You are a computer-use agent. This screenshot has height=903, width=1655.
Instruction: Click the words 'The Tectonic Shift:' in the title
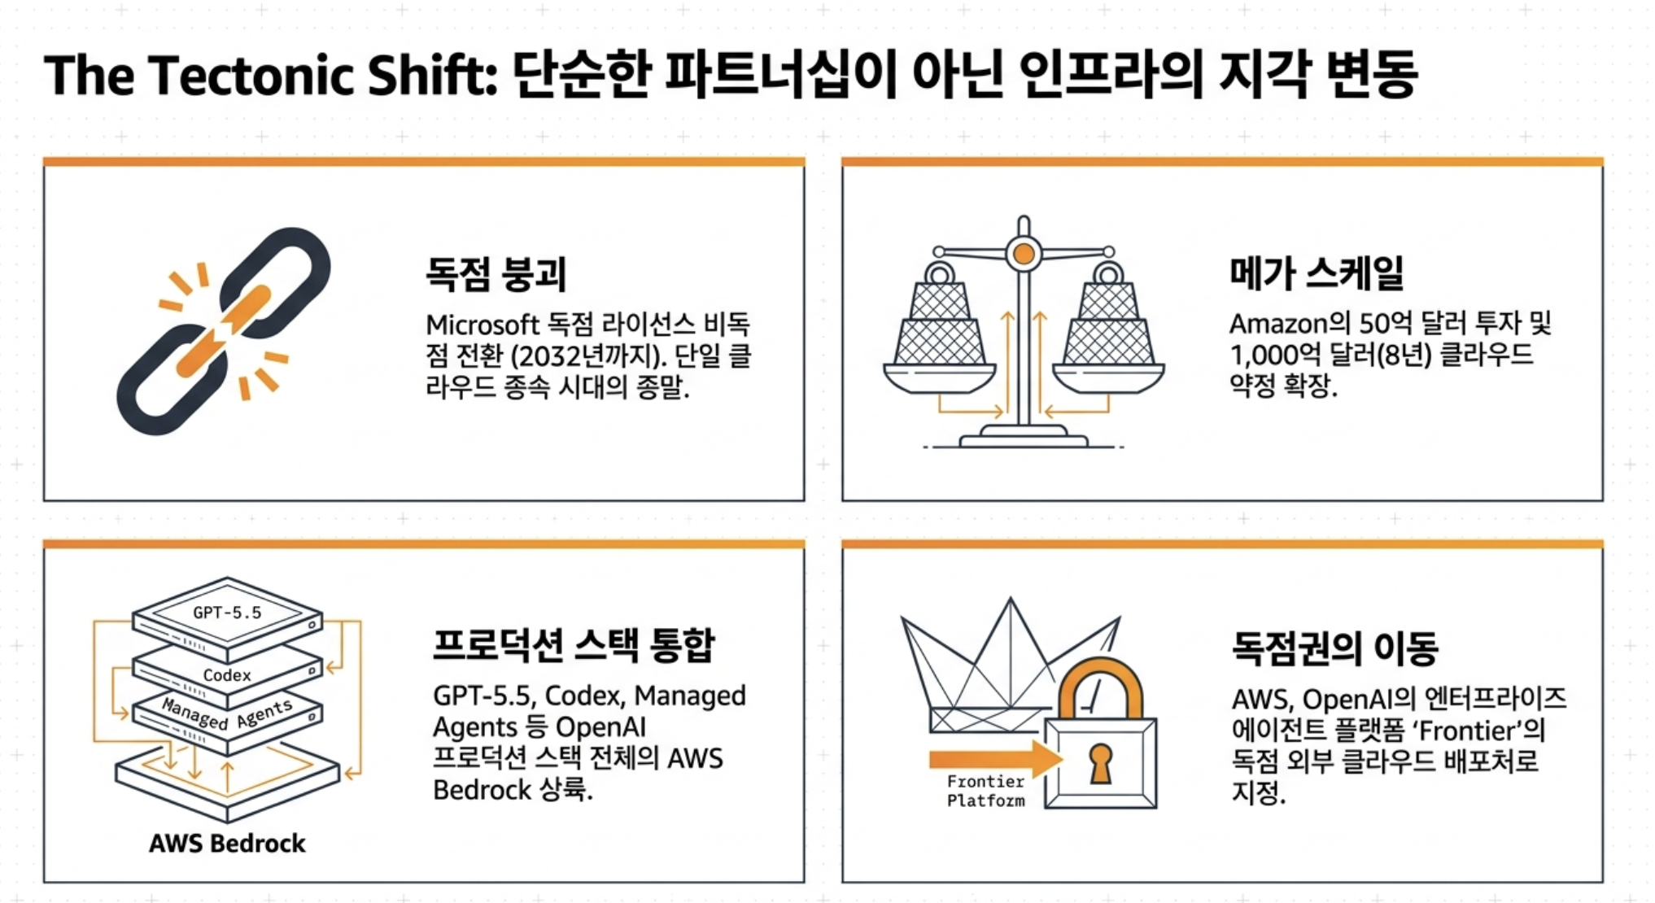[x=270, y=76]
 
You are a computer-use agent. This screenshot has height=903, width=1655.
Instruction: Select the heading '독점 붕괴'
[x=496, y=273]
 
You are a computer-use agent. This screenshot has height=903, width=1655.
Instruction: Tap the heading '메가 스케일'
[x=1317, y=272]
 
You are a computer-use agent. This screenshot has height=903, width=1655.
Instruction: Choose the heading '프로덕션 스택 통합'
[x=574, y=645]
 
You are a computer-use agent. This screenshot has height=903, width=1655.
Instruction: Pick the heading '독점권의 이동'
[x=1334, y=648]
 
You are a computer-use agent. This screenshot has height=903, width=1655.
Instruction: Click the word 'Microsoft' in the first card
[x=483, y=325]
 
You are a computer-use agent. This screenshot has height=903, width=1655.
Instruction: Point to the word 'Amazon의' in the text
[x=1289, y=323]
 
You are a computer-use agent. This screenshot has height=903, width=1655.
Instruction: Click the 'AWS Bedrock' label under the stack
[x=227, y=843]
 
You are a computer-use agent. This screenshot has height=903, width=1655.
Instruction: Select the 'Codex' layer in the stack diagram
[x=228, y=673]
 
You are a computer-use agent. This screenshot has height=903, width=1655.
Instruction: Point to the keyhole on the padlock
[x=1100, y=763]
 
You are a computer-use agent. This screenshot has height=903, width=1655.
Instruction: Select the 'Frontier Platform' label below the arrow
[x=985, y=791]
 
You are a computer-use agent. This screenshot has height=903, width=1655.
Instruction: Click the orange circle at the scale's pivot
[x=1024, y=255]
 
